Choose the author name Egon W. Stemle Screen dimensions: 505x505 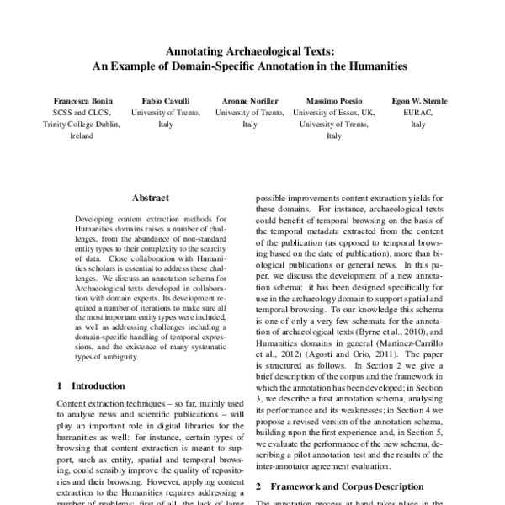[418, 101]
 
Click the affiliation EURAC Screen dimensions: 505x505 [418, 112]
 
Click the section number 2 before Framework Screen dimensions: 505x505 [258, 486]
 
